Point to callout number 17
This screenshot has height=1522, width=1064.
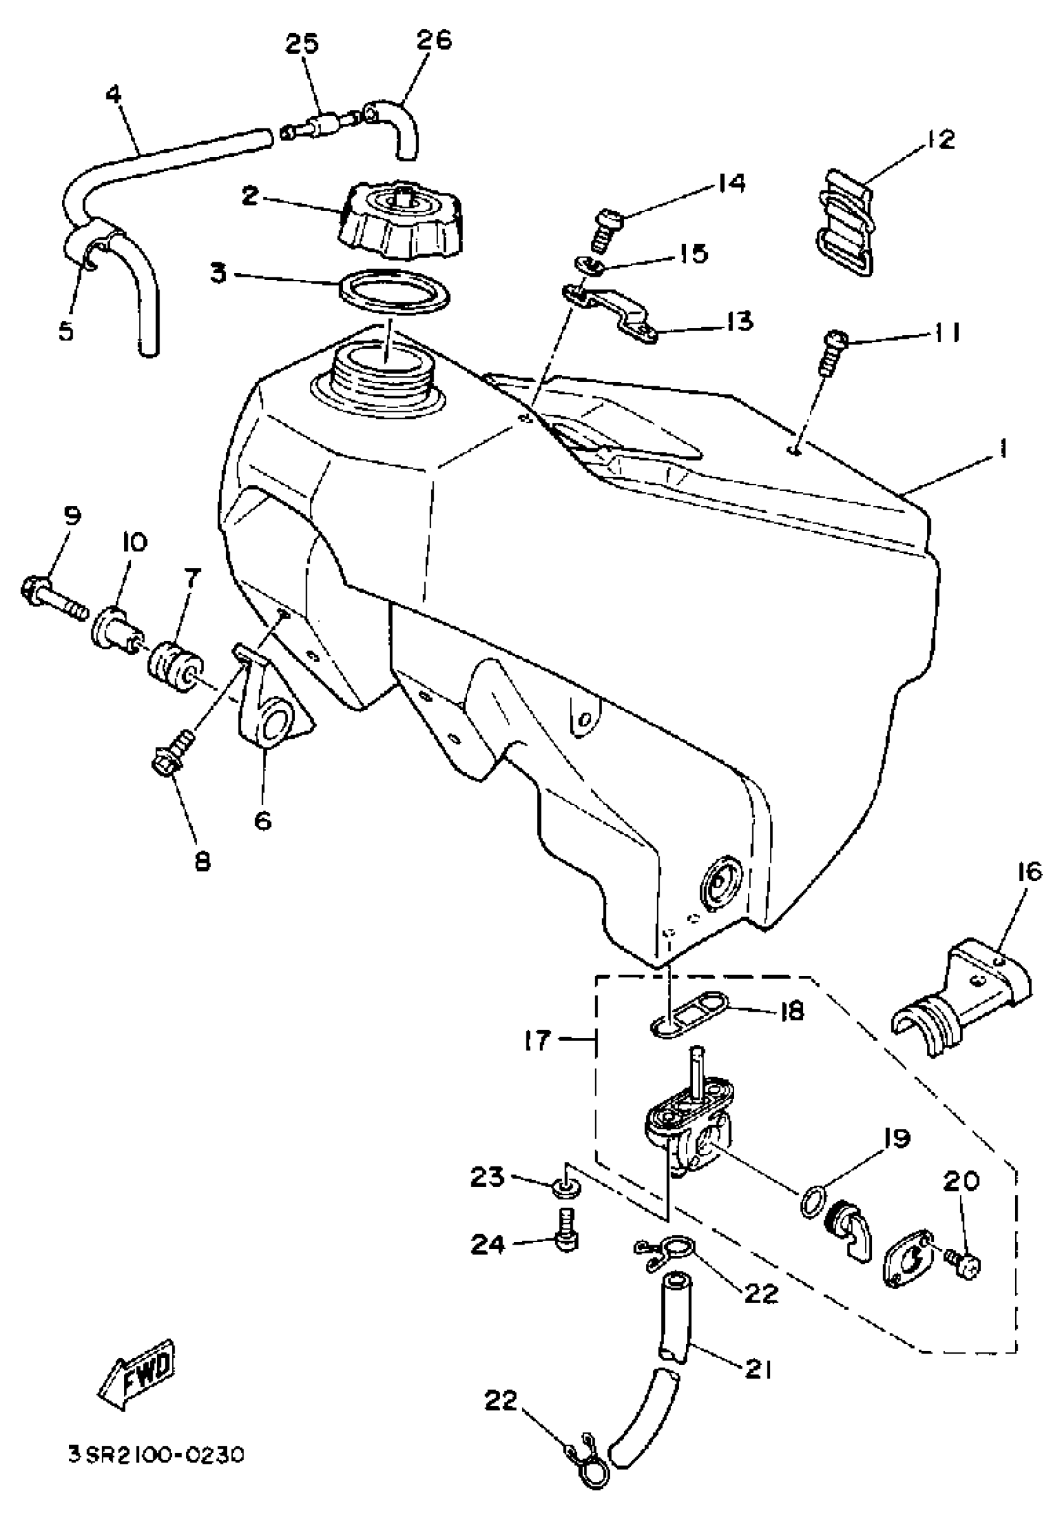tap(536, 1041)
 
